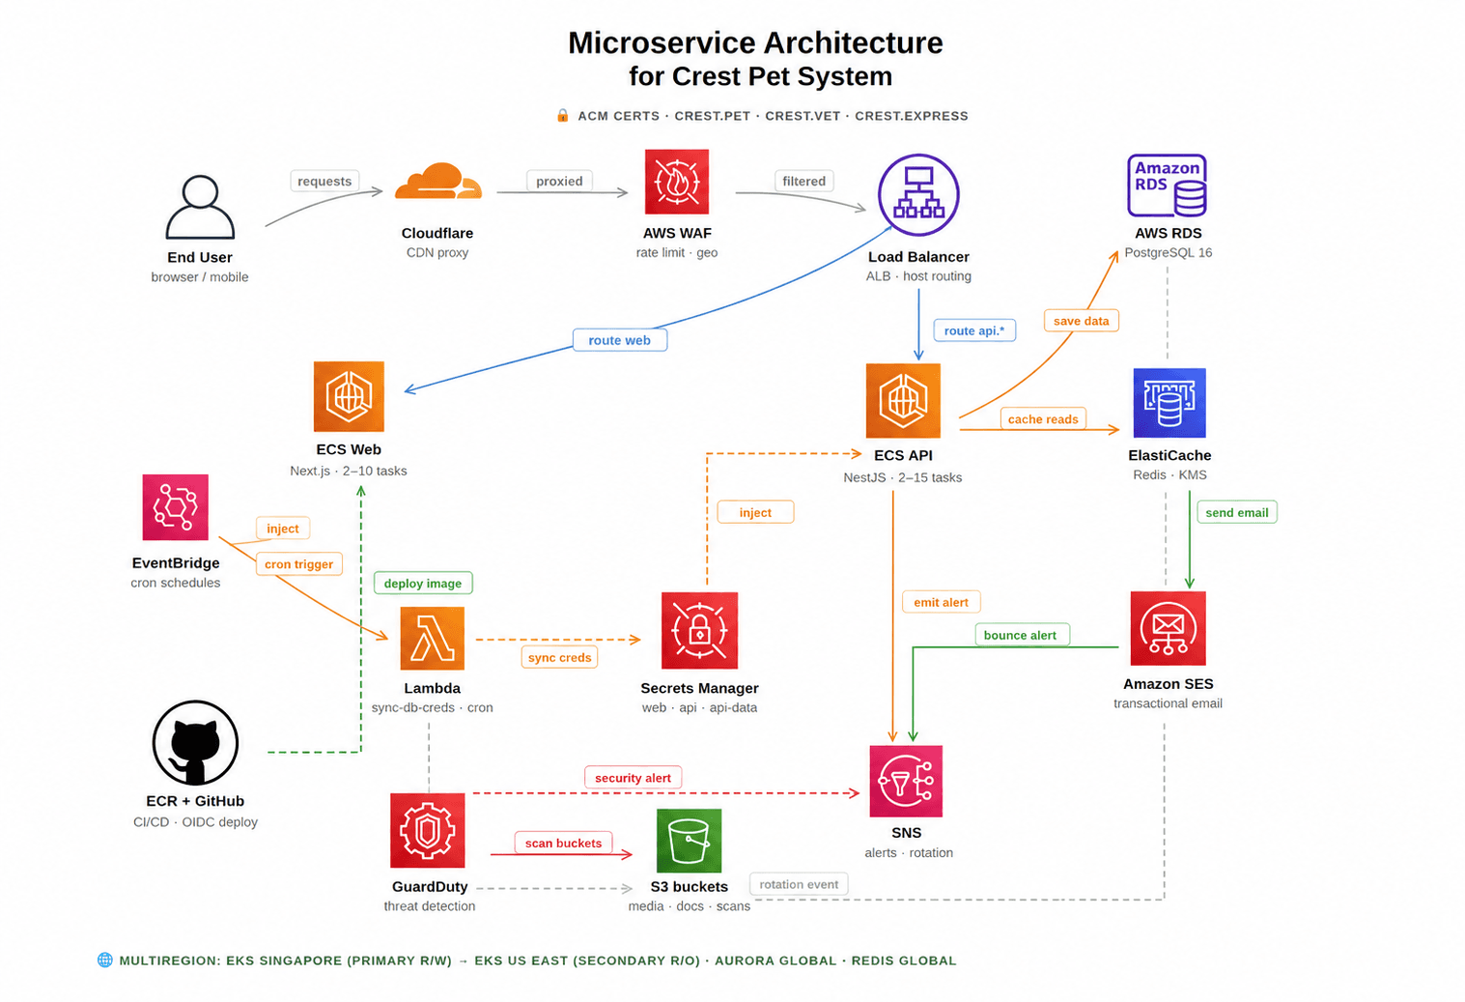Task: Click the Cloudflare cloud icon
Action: click(438, 181)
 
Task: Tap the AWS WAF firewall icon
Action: click(677, 182)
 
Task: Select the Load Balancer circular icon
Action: click(918, 194)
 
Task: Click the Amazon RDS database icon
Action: click(1168, 186)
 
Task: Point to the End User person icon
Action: click(200, 207)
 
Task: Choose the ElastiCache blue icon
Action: click(1169, 403)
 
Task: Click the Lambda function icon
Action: click(433, 638)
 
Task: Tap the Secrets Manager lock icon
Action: click(700, 630)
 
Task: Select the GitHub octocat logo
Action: click(195, 743)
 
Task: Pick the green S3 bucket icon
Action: click(690, 841)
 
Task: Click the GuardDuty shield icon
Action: click(428, 831)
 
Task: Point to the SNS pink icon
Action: click(906, 781)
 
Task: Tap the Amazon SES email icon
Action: click(1169, 628)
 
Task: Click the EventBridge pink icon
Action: click(175, 507)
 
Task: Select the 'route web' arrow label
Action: click(619, 340)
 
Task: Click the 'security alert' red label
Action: click(633, 778)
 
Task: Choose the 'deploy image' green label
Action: click(422, 584)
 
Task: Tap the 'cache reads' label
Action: click(1043, 418)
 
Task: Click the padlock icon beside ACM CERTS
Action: click(562, 116)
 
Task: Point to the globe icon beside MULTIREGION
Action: click(104, 960)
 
